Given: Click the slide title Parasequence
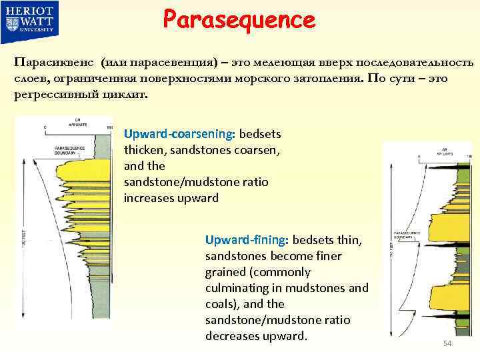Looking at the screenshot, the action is point(239,19).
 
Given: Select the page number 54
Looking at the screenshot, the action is point(447,343).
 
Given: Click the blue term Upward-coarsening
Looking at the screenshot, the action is point(177,134).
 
